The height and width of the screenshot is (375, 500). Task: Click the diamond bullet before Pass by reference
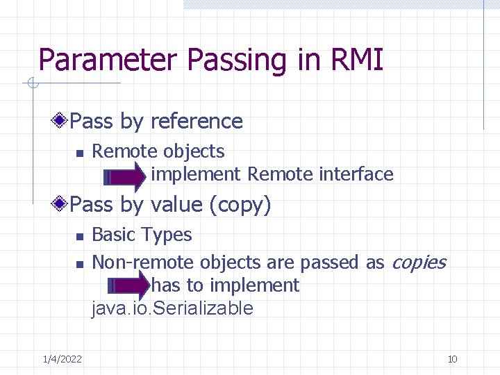pos(62,121)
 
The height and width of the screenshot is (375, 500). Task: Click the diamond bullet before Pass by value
pos(62,204)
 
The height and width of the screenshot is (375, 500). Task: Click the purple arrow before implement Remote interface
pos(124,177)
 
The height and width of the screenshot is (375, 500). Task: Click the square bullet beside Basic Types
pos(80,236)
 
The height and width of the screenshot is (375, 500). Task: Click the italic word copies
pos(419,262)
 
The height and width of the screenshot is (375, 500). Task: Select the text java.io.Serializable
pos(172,308)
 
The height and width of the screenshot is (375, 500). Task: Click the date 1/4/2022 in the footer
pos(62,359)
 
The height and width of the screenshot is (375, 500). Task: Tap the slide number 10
pos(452,359)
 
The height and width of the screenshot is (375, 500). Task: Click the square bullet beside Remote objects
pos(80,153)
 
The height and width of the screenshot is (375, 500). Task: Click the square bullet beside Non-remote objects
pos(80,264)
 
